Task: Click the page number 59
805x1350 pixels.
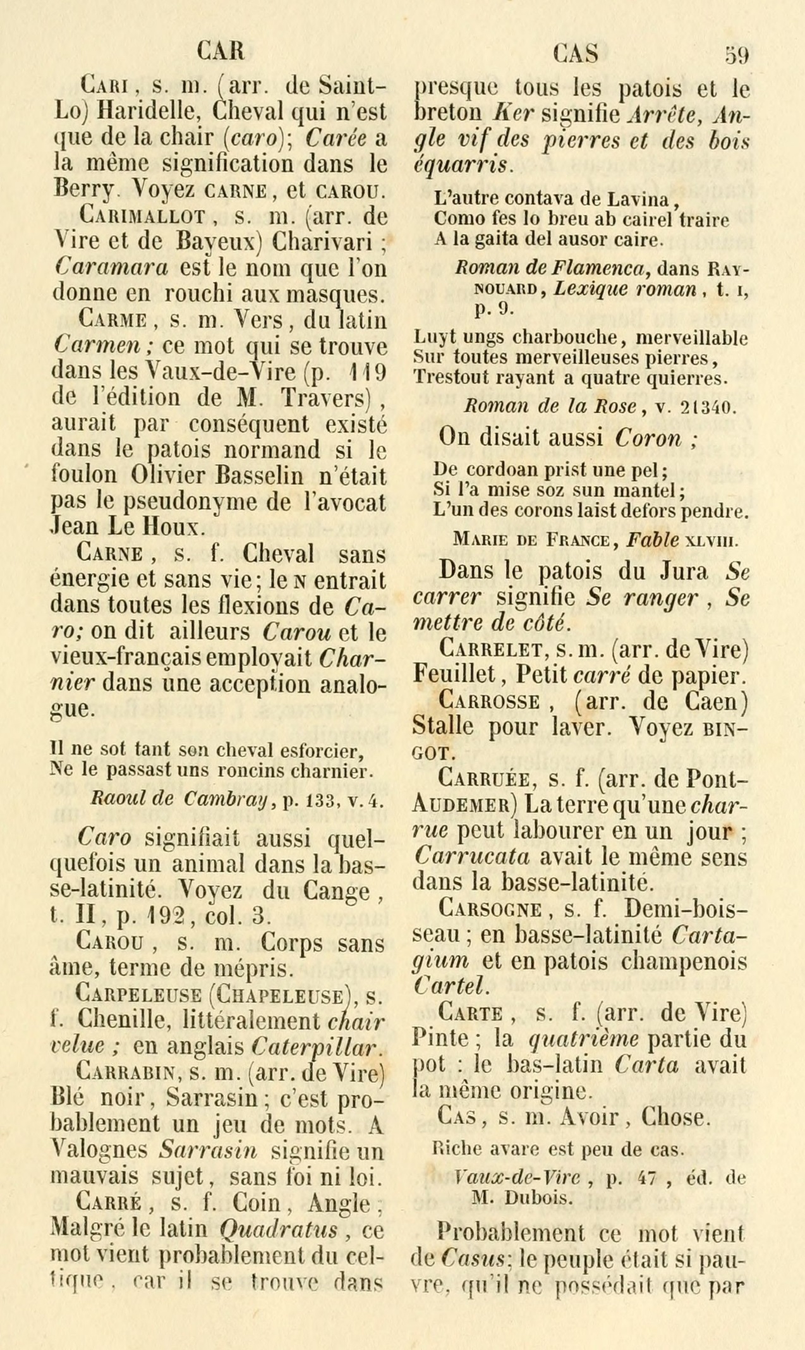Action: pyautogui.click(x=736, y=55)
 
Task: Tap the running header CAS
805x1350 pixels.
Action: pyautogui.click(x=575, y=54)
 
